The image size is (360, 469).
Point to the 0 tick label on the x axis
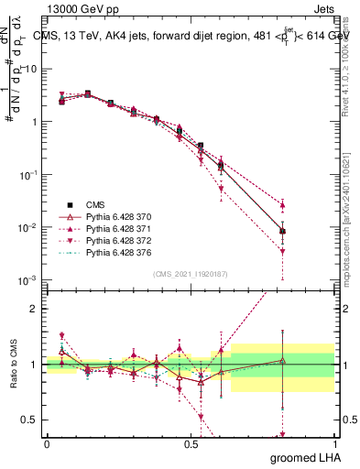47,443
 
